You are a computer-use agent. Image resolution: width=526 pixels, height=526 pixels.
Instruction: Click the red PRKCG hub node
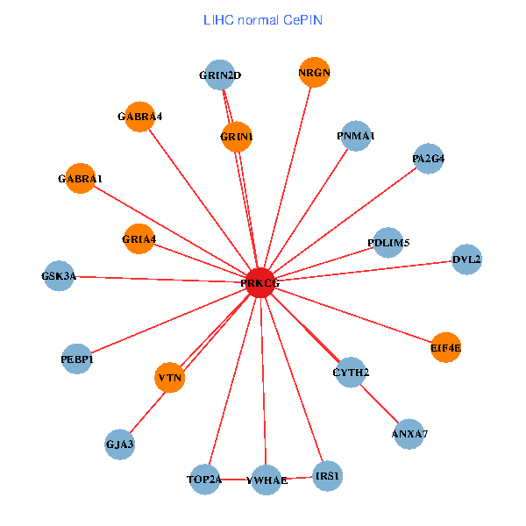click(x=259, y=283)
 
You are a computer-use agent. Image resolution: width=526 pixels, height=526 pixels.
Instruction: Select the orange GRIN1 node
click(x=237, y=137)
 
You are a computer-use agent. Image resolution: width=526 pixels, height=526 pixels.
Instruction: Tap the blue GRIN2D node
click(x=219, y=75)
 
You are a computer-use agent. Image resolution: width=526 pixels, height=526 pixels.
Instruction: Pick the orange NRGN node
click(x=314, y=73)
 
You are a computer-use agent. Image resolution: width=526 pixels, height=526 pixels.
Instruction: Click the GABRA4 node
click(x=140, y=117)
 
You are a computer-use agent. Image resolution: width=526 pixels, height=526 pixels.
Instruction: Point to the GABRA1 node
click(x=80, y=179)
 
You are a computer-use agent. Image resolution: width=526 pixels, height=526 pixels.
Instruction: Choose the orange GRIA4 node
click(x=139, y=238)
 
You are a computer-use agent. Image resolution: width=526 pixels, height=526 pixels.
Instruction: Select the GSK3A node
click(x=59, y=276)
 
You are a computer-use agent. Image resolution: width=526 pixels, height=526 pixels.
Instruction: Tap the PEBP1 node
click(x=77, y=359)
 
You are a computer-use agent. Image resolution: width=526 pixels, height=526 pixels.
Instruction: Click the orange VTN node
click(x=170, y=378)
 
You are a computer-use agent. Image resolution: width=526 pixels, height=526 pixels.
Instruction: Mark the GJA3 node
click(x=119, y=444)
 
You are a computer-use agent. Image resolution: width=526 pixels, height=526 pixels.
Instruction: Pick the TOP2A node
click(x=205, y=480)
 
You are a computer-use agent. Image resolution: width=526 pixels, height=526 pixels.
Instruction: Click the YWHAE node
click(x=267, y=480)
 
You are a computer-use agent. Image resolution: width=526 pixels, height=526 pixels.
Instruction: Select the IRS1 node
click(x=327, y=476)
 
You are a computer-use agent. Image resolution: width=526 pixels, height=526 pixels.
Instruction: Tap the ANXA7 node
click(x=409, y=434)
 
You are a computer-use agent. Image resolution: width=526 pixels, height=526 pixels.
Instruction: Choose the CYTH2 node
click(x=351, y=373)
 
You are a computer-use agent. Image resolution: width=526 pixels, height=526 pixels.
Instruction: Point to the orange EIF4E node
click(x=445, y=348)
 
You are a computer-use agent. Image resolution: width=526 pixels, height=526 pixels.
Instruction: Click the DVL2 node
click(x=467, y=259)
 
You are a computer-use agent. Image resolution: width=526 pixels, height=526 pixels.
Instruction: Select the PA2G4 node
click(x=429, y=159)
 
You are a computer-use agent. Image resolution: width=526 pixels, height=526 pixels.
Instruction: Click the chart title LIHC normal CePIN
click(x=262, y=19)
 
